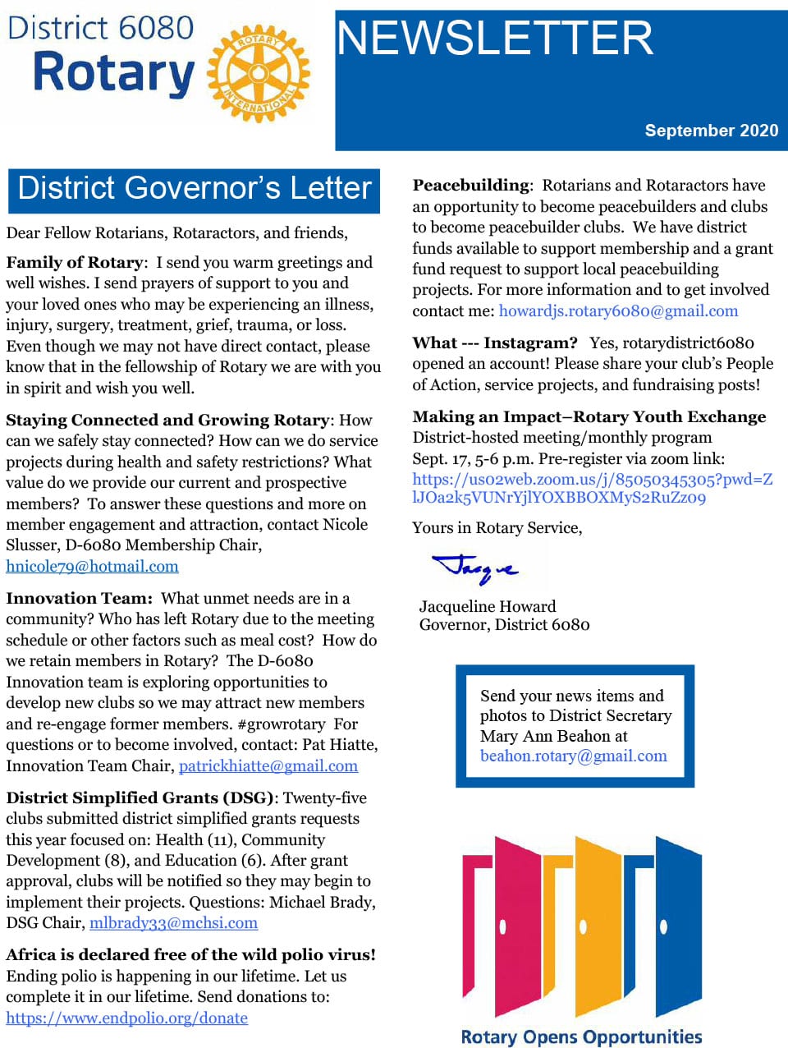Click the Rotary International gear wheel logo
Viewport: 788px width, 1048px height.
[x=259, y=74]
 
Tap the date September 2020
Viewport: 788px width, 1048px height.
[x=711, y=131]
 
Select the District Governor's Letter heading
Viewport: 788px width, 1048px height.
[x=195, y=188]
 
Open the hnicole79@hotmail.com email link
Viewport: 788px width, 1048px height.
[x=92, y=567]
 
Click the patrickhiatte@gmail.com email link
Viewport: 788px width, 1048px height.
[x=268, y=766]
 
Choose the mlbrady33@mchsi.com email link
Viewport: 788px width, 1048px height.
[x=173, y=923]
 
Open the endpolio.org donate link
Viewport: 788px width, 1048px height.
[x=126, y=1018]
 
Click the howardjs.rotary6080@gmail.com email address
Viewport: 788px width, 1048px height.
[x=618, y=311]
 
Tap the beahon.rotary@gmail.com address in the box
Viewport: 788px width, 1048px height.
[x=573, y=756]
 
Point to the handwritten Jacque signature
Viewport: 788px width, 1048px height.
[x=475, y=567]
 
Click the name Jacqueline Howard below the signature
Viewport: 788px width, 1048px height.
[x=488, y=607]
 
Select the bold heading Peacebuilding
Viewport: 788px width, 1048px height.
[x=471, y=186]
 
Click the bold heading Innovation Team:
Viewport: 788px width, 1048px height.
[x=79, y=599]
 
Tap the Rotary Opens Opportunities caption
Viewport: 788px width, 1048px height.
[x=581, y=1037]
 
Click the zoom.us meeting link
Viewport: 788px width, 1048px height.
[x=592, y=489]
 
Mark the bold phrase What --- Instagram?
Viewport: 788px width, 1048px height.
[x=495, y=343]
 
